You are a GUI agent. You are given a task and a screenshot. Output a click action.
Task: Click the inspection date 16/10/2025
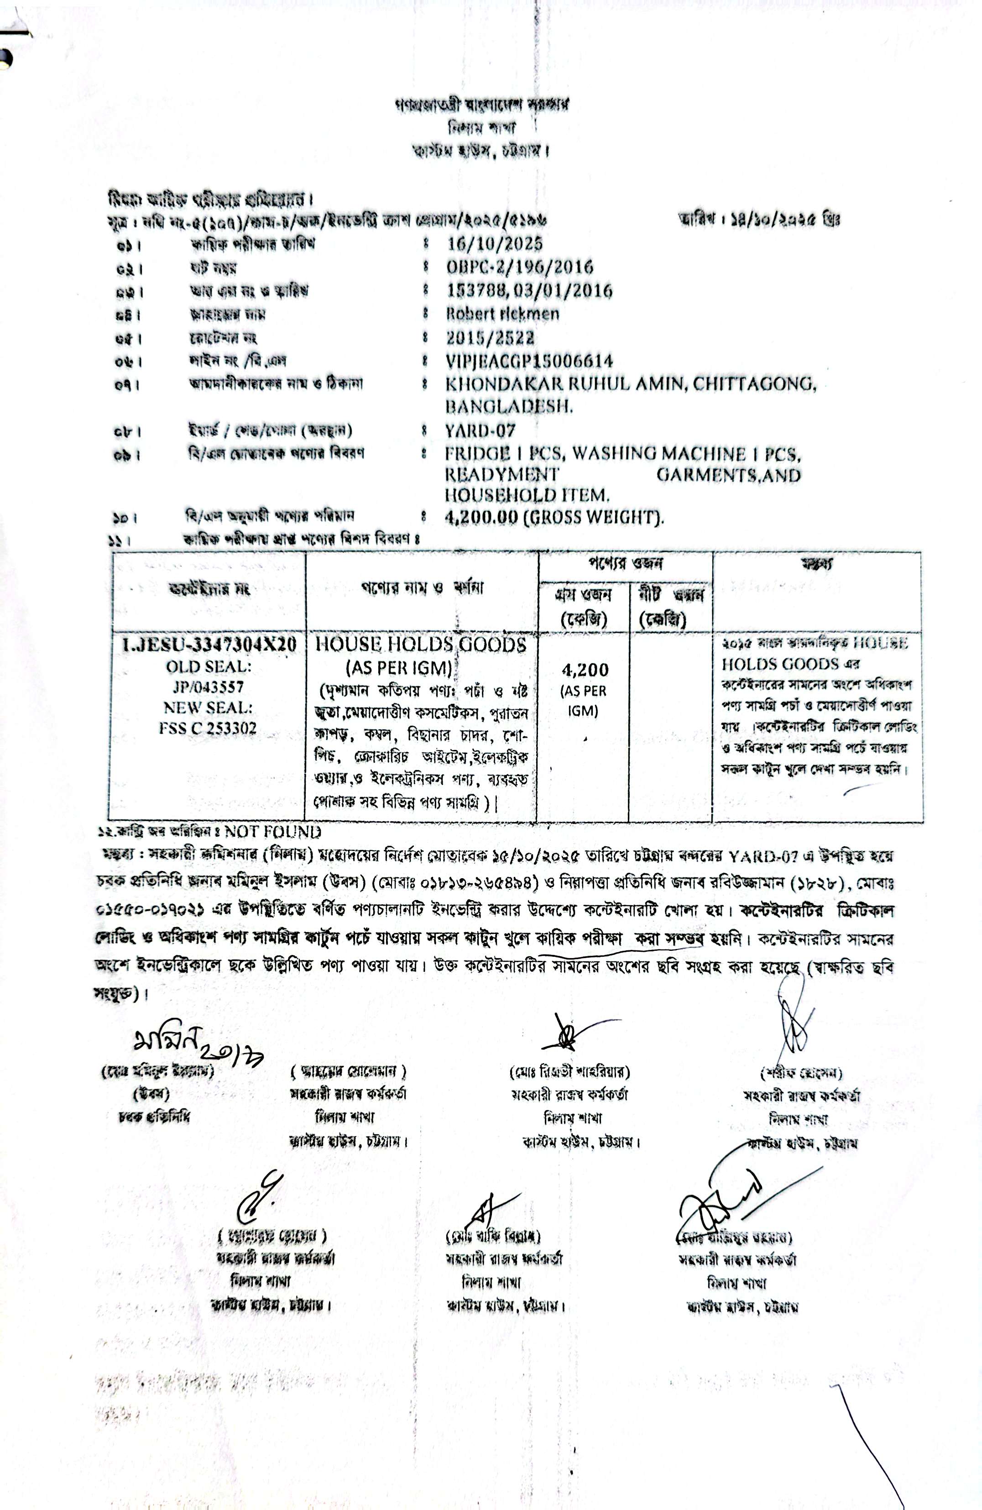[x=494, y=244]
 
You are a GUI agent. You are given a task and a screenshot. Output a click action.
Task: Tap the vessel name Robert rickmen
[x=502, y=314]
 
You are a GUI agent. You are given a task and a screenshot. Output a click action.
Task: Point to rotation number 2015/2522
[x=490, y=337]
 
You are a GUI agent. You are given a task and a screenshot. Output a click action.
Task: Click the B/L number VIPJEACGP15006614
[x=529, y=361]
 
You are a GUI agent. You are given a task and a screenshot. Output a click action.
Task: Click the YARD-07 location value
[x=480, y=431]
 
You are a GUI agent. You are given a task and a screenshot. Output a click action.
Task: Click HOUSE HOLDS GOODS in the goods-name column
[x=421, y=645]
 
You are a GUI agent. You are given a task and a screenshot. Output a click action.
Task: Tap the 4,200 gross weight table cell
[x=584, y=670]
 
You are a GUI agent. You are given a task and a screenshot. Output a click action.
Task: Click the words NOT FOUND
[x=273, y=832]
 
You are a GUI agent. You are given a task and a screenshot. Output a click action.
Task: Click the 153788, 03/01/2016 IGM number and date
[x=529, y=291]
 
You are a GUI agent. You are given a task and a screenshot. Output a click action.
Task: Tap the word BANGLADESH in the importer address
[x=509, y=406]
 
